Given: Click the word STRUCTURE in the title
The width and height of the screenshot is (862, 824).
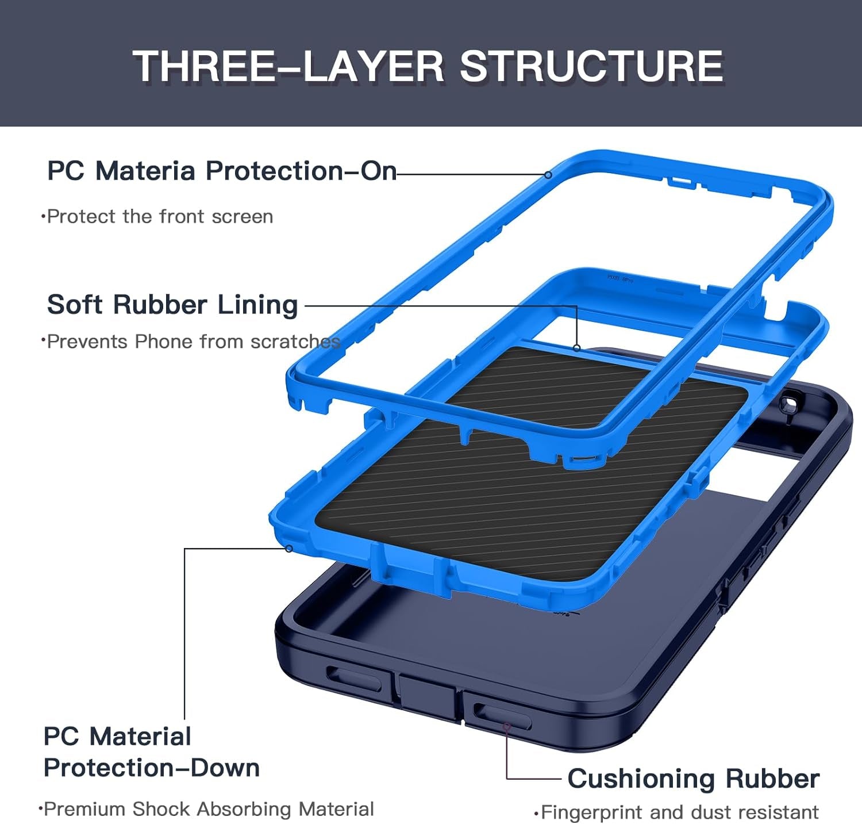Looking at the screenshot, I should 591,66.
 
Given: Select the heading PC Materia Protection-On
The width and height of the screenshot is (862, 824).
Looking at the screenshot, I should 222,171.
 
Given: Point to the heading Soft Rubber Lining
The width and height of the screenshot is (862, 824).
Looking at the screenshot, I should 172,304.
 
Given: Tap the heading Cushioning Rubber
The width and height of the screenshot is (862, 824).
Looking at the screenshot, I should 693,779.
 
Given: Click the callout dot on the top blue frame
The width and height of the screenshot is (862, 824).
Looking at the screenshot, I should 548,175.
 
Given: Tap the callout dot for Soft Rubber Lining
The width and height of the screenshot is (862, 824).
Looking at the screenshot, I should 576,348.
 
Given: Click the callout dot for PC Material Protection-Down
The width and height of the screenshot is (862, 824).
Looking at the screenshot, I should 289,549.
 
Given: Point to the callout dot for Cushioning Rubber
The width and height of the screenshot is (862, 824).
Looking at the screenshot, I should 506,727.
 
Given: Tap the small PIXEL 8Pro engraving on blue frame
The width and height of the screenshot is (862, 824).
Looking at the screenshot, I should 620,278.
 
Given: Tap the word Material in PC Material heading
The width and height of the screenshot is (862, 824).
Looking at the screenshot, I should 140,736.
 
